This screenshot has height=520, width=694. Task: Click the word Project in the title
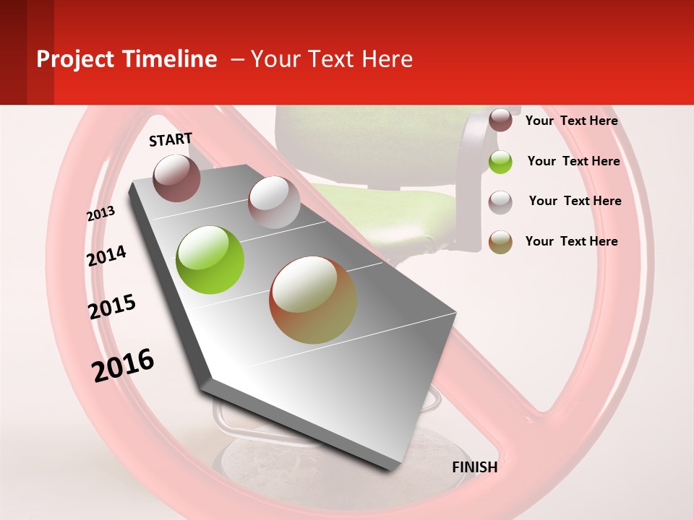pyautogui.click(x=75, y=59)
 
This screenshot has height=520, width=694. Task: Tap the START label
pyautogui.click(x=171, y=139)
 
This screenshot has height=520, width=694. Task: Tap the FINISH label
pyautogui.click(x=474, y=467)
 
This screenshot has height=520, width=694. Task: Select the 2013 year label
pyautogui.click(x=101, y=213)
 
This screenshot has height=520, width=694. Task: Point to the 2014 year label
pyautogui.click(x=106, y=256)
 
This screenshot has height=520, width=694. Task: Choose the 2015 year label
pyautogui.click(x=112, y=307)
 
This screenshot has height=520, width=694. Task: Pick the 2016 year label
pyautogui.click(x=123, y=365)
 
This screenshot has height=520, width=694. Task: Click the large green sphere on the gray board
pyautogui.click(x=210, y=260)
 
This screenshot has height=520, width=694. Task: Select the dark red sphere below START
pyautogui.click(x=177, y=178)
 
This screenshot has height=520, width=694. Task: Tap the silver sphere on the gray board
pyautogui.click(x=274, y=202)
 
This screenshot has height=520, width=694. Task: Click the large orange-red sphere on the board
pyautogui.click(x=313, y=300)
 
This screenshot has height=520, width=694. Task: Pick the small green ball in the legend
pyautogui.click(x=500, y=162)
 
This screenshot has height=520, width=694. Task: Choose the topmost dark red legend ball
pyautogui.click(x=500, y=121)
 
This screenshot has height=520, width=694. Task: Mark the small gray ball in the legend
pyautogui.click(x=500, y=202)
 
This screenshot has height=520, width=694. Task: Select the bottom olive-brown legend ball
pyautogui.click(x=500, y=242)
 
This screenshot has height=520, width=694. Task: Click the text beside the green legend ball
pyautogui.click(x=573, y=161)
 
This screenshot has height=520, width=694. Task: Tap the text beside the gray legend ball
pyautogui.click(x=575, y=201)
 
